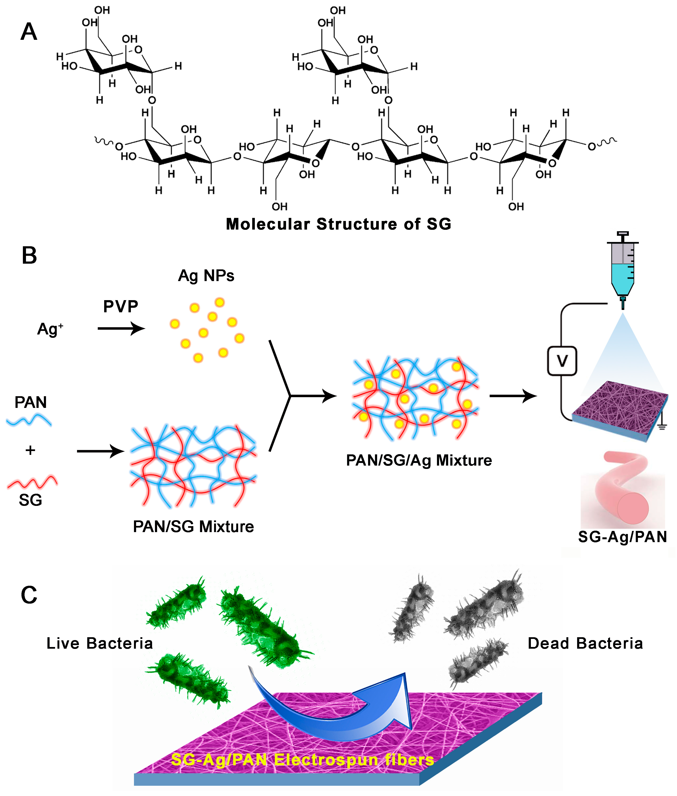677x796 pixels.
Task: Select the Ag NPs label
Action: tap(206, 276)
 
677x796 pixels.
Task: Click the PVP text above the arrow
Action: tap(121, 306)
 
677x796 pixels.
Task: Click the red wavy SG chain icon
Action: tap(32, 482)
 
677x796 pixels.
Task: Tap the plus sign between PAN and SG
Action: tap(30, 450)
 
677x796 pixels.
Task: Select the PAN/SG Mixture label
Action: tap(193, 527)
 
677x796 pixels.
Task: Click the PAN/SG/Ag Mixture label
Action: tap(419, 460)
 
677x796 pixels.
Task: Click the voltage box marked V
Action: tap(562, 361)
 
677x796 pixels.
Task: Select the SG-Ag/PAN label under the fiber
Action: tap(622, 537)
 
